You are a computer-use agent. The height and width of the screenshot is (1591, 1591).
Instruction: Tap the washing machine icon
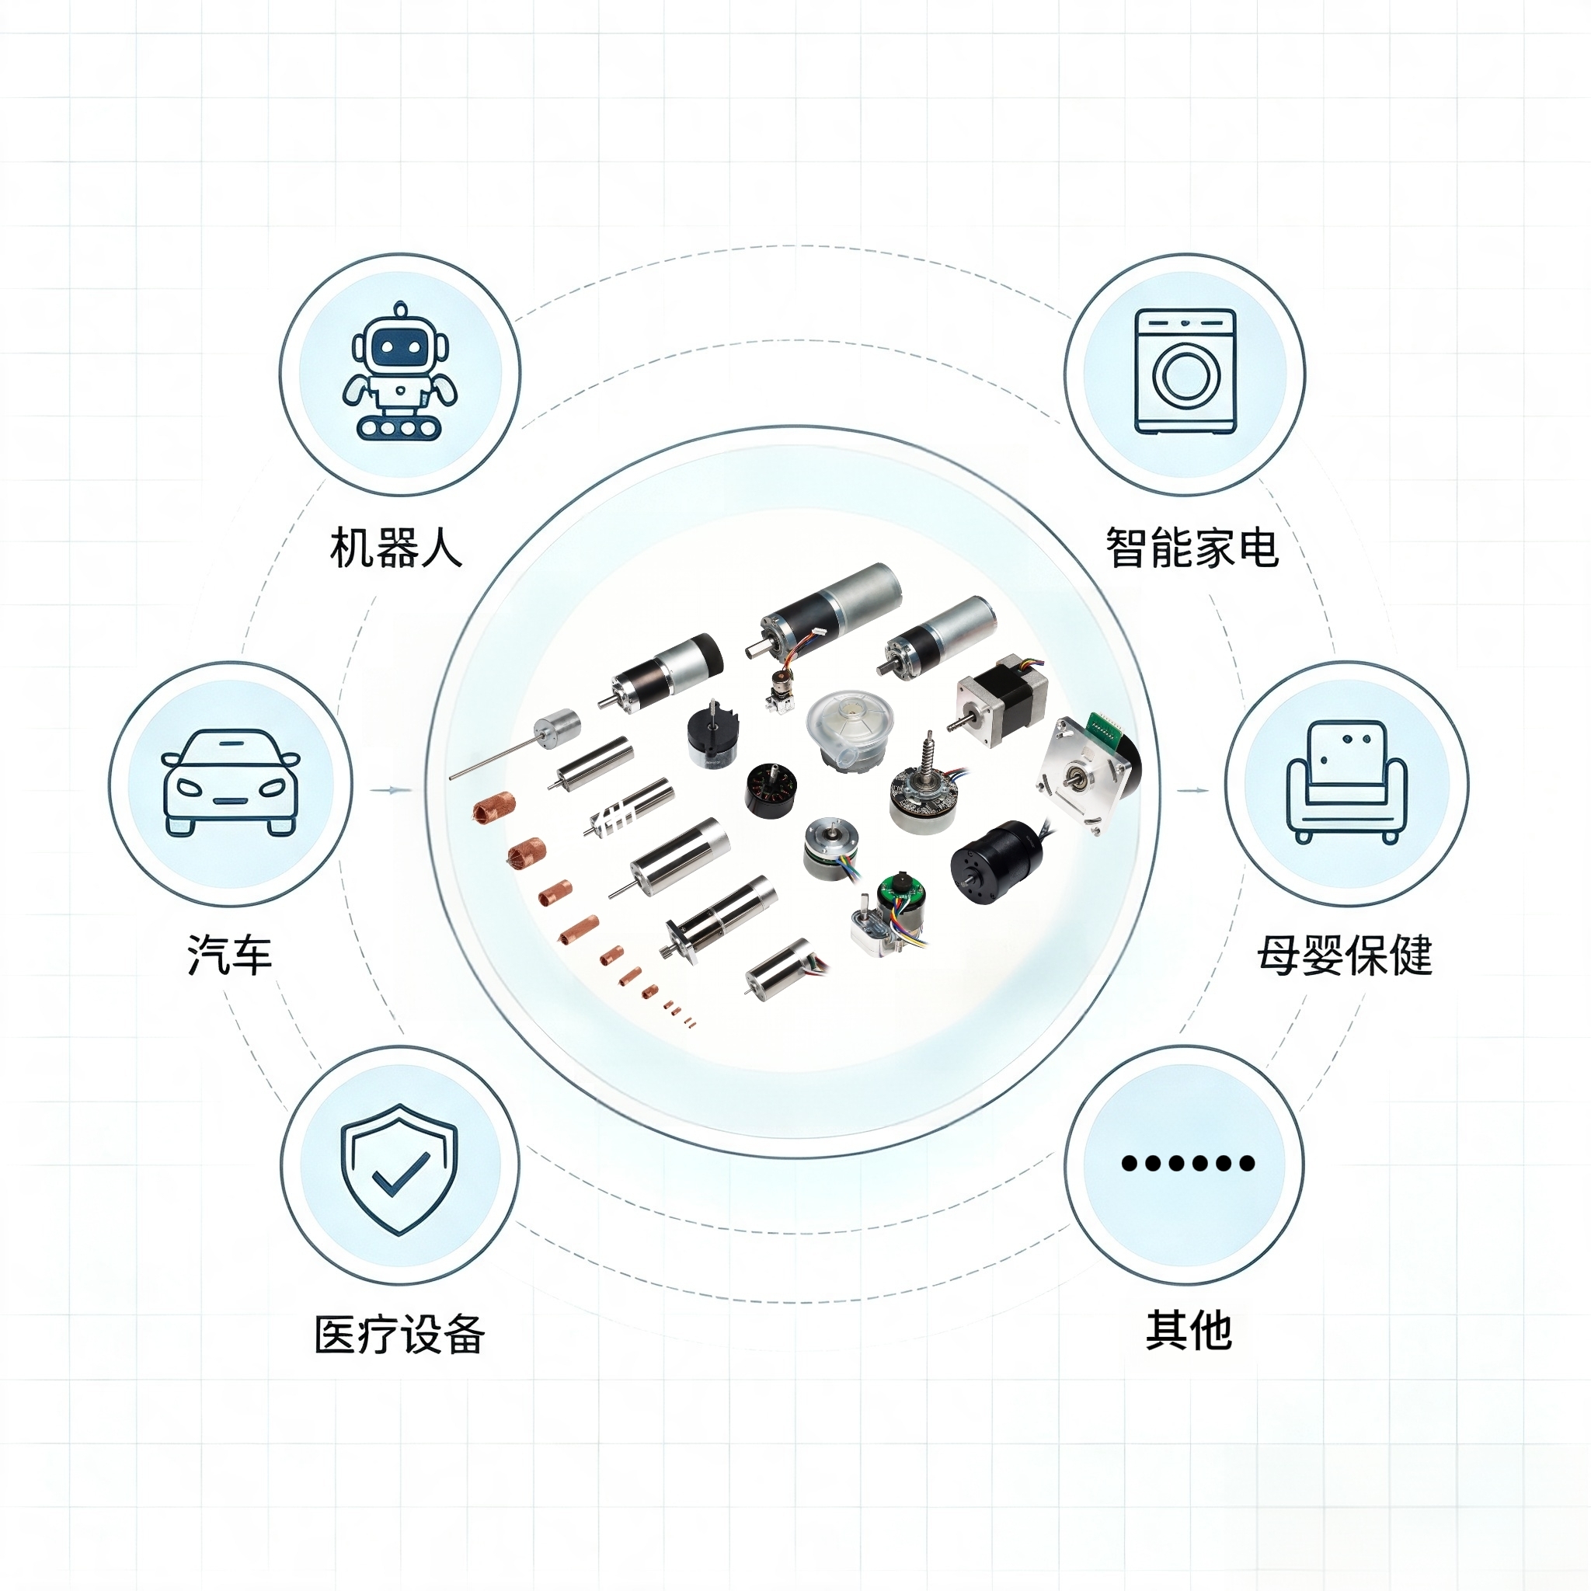[x=1185, y=371]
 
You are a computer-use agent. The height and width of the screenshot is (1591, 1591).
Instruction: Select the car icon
[x=231, y=782]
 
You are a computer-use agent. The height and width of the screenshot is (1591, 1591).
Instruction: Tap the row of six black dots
[x=1189, y=1163]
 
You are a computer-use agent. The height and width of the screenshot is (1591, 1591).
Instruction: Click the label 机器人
[x=396, y=548]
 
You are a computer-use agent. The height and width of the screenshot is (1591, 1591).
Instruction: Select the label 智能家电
[x=1192, y=548]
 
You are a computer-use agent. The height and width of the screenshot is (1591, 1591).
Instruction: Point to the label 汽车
[x=230, y=956]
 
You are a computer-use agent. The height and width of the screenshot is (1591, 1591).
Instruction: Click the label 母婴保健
[x=1345, y=956]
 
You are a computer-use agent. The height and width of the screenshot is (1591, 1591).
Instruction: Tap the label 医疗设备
[x=399, y=1335]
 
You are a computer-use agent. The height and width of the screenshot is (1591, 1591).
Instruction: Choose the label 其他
[x=1189, y=1330]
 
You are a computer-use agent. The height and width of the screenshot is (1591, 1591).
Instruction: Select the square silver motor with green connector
[x=1087, y=770]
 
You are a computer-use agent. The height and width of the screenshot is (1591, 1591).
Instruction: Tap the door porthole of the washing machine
[x=1185, y=376]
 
